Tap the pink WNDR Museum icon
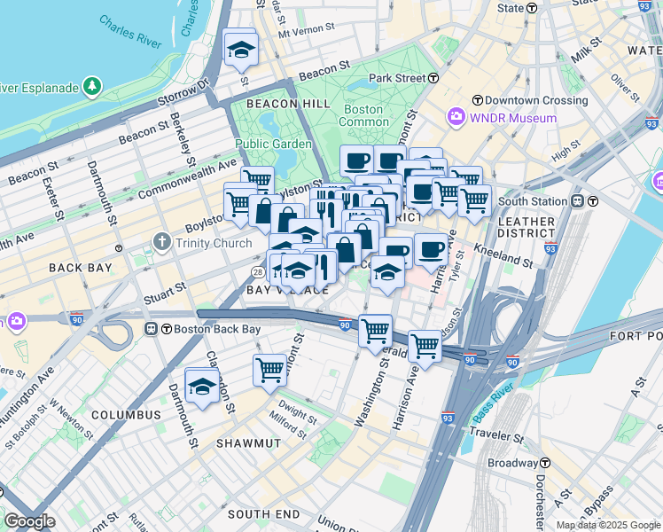pos(456,117)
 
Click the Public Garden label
pos(273,144)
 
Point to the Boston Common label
pos(363,115)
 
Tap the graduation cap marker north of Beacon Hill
pos(239,51)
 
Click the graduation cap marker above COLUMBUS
pos(202,386)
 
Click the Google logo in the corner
pos(29,521)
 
